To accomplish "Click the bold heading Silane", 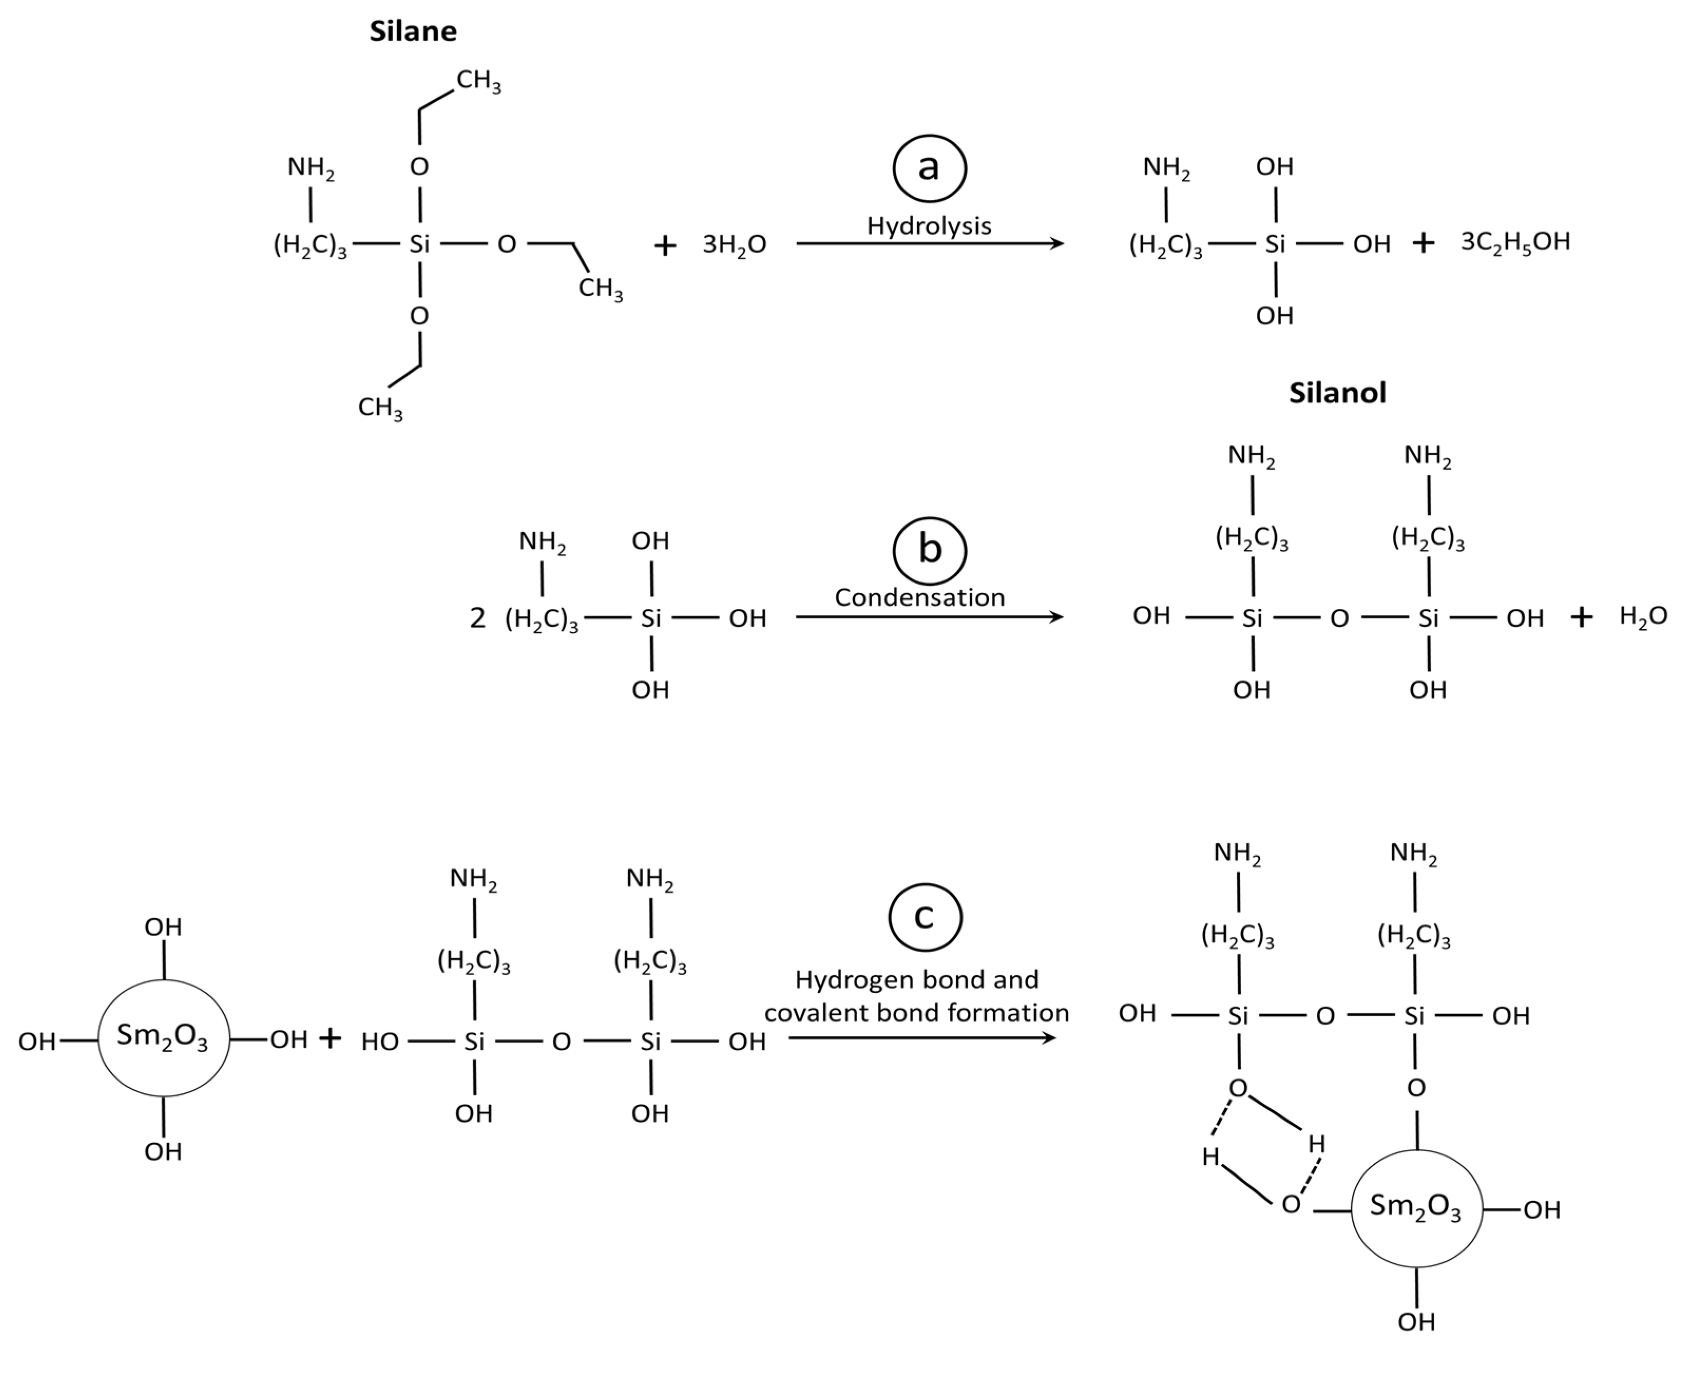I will point(413,32).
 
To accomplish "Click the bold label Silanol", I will point(1337,393).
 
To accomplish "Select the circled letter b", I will point(929,550).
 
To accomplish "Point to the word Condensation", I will point(919,598).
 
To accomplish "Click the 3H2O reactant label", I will point(734,245).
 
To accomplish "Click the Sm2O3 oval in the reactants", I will point(163,1037).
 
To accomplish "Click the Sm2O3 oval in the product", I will point(1416,1207).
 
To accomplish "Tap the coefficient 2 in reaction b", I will point(477,618).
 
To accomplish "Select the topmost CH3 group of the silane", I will point(478,81).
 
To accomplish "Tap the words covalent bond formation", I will point(916,1013).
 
